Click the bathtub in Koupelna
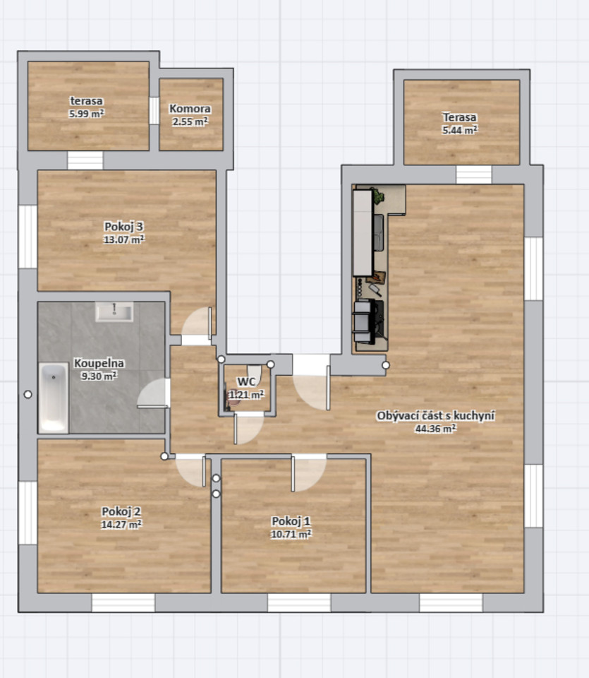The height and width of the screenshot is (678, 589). (x=54, y=398)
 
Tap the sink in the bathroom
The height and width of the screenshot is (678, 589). (x=114, y=311)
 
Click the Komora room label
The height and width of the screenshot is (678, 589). (x=190, y=109)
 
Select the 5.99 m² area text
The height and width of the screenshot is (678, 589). (x=86, y=114)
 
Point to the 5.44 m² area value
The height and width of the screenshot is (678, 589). (x=459, y=130)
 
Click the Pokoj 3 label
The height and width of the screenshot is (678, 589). (x=124, y=226)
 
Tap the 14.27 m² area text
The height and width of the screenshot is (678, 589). (x=121, y=525)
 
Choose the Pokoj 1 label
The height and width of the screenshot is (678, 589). (x=291, y=521)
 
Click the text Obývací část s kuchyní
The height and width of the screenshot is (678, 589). (x=436, y=415)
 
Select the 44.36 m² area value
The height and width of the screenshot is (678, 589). (x=435, y=429)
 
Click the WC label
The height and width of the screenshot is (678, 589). (x=247, y=381)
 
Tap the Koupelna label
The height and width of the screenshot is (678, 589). (x=99, y=363)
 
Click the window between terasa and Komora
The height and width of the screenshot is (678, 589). (x=154, y=111)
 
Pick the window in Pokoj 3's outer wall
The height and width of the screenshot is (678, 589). (x=28, y=237)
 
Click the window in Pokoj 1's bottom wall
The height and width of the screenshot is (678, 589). (x=299, y=602)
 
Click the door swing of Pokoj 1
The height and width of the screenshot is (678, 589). (x=309, y=473)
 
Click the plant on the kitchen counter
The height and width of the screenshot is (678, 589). (x=378, y=196)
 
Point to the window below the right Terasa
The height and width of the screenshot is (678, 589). (x=474, y=174)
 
